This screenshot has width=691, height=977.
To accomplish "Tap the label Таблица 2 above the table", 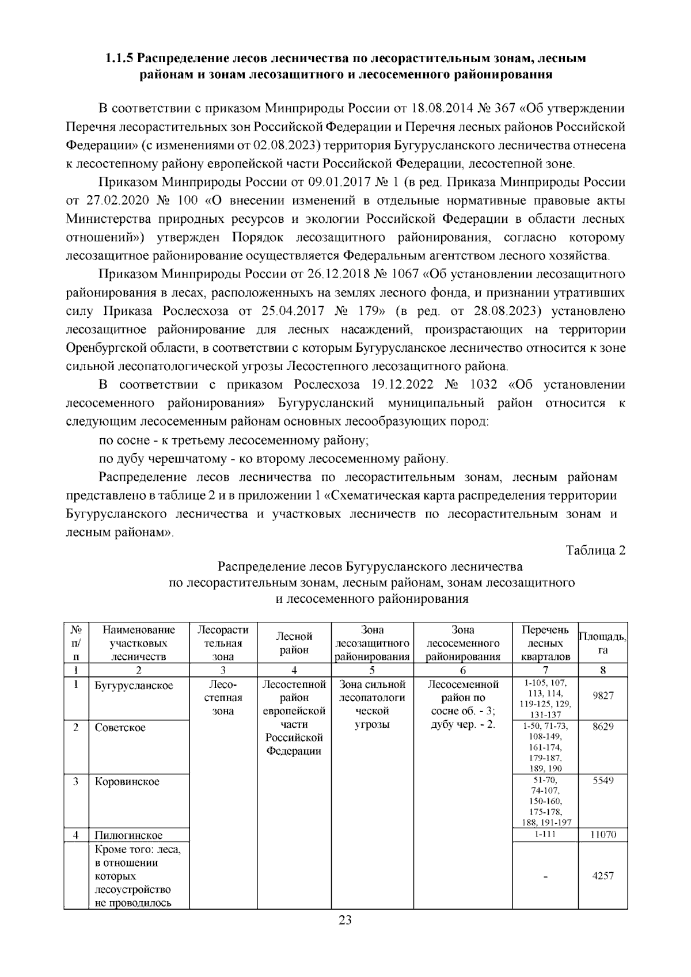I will click(596, 550).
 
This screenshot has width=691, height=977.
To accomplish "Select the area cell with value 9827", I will click(603, 695).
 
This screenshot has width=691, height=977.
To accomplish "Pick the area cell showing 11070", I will click(603, 834).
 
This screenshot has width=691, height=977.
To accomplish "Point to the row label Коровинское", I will click(127, 782).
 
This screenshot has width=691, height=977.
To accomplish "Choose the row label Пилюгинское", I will click(129, 835).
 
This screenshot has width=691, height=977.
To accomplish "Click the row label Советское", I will click(120, 727).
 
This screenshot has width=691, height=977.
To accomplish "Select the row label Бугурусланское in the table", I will click(134, 686).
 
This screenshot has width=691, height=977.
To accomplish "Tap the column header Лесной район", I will click(294, 643).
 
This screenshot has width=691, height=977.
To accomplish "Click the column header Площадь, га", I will click(603, 643).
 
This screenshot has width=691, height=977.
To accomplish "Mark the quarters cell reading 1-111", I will click(545, 834).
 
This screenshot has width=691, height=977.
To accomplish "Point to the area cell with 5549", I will click(603, 781).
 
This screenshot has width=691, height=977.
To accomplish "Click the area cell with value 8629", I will click(603, 727).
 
